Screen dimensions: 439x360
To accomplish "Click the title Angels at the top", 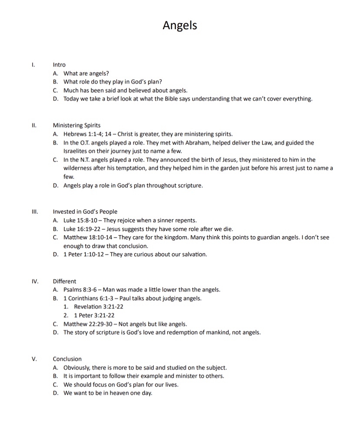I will tap(180, 25).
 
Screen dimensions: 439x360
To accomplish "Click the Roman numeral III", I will tap(35, 212).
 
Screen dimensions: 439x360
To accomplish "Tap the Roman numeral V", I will tap(34, 359).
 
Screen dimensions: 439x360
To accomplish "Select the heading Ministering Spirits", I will tap(77, 126).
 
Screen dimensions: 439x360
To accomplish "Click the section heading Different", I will tap(64, 281).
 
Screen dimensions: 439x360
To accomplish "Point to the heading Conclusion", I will tap(67, 359).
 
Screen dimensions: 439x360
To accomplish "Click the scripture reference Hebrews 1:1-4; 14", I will tap(86, 134).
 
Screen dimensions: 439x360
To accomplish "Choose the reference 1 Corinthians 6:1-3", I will tap(89, 298).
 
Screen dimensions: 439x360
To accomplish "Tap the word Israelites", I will tap(76, 151).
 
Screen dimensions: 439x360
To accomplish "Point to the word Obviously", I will tap(77, 368).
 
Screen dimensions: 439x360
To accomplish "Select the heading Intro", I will tap(59, 65).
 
